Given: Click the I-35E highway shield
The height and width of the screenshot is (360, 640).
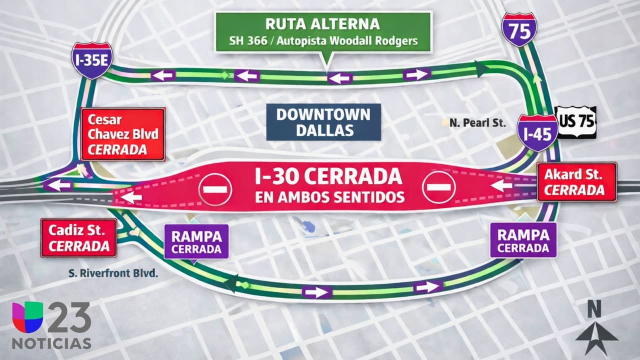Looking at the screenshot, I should point(91,59).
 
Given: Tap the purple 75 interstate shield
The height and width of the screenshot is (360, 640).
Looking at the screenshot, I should point(519,29).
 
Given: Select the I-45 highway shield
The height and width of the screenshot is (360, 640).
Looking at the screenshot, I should point(537,132).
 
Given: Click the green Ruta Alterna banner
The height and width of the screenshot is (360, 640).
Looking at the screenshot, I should point(323,31).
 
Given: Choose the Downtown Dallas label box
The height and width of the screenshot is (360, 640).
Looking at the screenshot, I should point(323,122).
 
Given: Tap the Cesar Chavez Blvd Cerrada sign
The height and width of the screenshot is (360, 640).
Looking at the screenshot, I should point(122,134).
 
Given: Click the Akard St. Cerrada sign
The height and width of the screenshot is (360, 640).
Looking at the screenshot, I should point(577,182).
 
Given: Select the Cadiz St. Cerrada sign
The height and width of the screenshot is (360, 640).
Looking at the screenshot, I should point(78,238).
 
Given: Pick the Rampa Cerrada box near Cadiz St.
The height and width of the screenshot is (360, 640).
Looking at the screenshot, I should point(196,241).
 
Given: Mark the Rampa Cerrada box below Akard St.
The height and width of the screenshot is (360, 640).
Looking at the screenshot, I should point(523,240).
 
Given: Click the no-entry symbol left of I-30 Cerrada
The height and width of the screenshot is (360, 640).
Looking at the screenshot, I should point(215,188).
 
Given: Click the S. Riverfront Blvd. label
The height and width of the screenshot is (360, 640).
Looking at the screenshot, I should point(113,273).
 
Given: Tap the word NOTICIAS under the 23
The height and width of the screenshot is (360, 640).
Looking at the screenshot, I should point(51,344).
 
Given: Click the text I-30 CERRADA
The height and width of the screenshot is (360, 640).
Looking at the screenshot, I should point(327,176).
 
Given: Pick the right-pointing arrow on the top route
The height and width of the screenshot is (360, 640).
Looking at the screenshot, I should point(416,74).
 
